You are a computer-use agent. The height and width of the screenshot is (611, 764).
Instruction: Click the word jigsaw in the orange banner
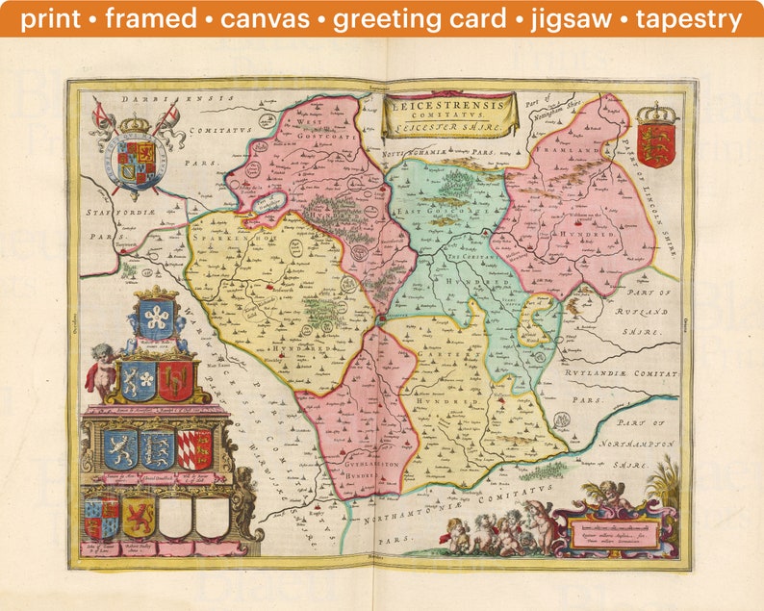coord(596,18)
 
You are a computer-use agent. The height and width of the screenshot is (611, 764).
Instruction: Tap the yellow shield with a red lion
coord(138,518)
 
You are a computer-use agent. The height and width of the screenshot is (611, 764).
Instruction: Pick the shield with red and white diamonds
coord(195,448)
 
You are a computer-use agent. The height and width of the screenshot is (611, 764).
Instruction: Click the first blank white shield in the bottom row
coord(176,518)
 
